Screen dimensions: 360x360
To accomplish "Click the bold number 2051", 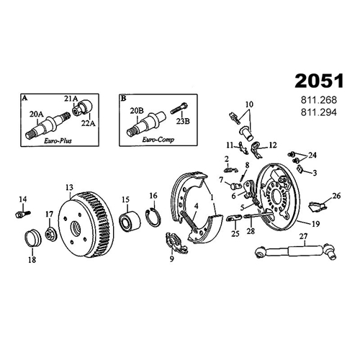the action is [319, 81].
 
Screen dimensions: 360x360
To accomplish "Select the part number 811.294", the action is [319, 112].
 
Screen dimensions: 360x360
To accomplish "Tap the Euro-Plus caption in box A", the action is [58, 140].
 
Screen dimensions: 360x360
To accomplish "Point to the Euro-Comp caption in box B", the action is [158, 140].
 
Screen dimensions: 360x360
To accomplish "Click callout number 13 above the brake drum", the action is [69, 187].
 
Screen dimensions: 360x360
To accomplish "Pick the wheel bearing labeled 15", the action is [130, 221].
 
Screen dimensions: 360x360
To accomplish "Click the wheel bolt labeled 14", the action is [23, 214].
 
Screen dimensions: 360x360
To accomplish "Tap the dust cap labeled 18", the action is [33, 238].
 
